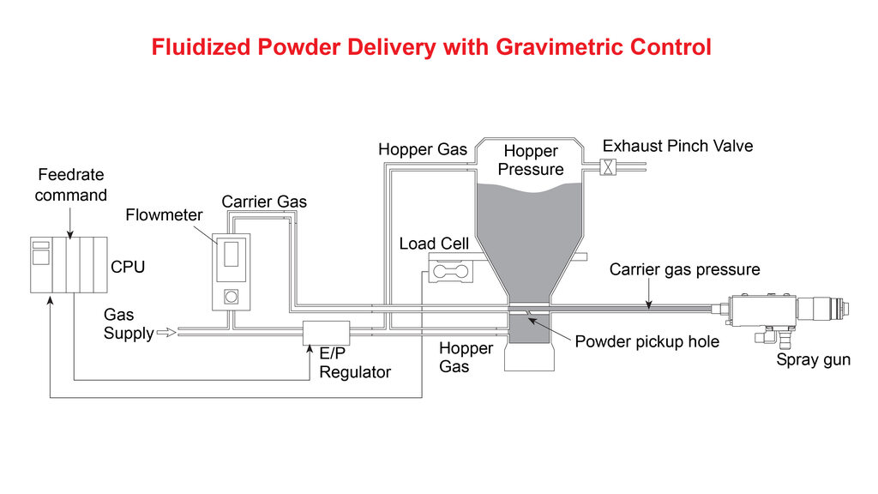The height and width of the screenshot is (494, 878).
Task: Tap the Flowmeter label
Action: tap(164, 214)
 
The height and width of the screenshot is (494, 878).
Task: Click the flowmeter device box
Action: tap(231, 271)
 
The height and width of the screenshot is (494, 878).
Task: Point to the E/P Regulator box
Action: tap(327, 333)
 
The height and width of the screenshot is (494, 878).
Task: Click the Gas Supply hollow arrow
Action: tap(166, 333)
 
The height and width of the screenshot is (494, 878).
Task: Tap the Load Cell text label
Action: tap(434, 244)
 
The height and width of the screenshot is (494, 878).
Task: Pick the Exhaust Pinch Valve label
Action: tap(677, 146)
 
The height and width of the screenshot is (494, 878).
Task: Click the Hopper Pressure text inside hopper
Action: tap(531, 160)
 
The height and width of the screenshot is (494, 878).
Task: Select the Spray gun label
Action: tap(813, 359)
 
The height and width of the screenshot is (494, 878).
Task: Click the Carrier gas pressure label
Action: tap(684, 269)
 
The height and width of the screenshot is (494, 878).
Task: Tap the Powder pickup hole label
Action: tap(646, 341)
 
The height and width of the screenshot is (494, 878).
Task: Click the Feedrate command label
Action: tap(70, 185)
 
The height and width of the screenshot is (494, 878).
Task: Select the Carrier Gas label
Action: tap(264, 202)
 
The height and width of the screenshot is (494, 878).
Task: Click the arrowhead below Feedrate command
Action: tap(70, 230)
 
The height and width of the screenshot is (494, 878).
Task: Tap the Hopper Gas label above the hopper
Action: tap(423, 150)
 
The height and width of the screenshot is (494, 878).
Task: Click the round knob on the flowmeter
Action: tap(231, 297)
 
